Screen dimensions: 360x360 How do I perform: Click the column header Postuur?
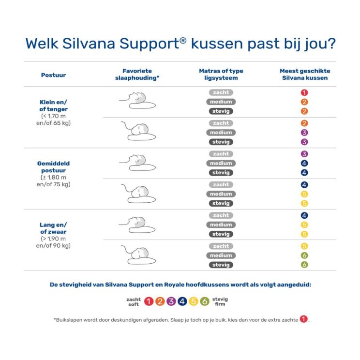[x=53, y=75]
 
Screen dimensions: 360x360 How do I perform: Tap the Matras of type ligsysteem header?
[x=221, y=74]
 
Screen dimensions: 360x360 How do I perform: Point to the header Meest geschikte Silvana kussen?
[x=305, y=74]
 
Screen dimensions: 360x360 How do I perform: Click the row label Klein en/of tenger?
[x=53, y=105]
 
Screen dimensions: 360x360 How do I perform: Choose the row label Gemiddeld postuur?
[x=53, y=167]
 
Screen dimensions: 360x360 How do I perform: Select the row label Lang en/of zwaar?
[x=53, y=228]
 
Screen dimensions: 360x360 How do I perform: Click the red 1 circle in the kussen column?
[x=304, y=92]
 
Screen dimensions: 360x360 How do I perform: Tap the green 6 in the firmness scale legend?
[x=205, y=301]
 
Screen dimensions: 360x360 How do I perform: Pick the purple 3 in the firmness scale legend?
[x=170, y=301]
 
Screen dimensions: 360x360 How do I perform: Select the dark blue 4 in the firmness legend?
[x=182, y=301]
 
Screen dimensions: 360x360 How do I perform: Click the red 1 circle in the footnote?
[x=303, y=319]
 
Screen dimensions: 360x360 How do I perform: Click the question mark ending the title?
[x=330, y=44]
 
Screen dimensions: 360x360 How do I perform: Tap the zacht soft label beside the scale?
[x=134, y=301]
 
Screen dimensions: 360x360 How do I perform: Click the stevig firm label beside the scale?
[x=220, y=301]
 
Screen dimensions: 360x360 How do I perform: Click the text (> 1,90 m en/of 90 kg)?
[x=53, y=242]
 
